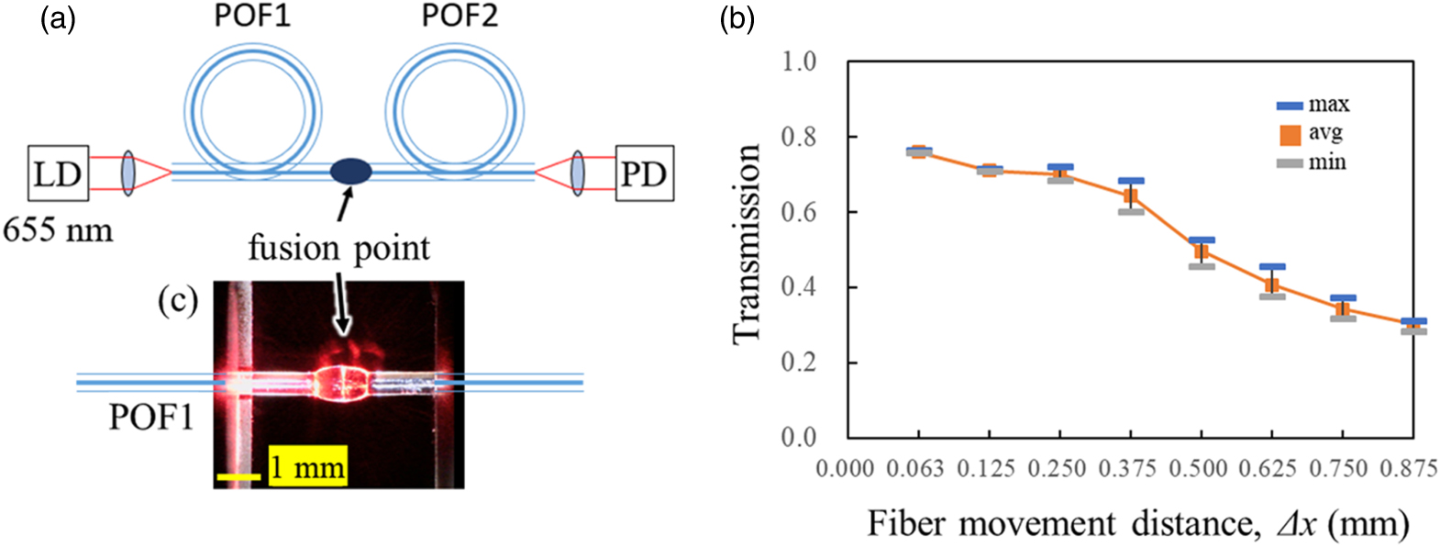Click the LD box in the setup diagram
(x=58, y=173)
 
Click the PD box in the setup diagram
(x=644, y=173)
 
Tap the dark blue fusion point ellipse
(x=350, y=171)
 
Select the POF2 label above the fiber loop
(x=460, y=16)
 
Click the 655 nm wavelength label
(x=58, y=229)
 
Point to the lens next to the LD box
(x=127, y=173)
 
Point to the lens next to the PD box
(x=577, y=173)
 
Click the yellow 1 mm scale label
(x=307, y=468)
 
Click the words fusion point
(x=338, y=248)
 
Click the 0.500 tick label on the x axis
(x=1198, y=469)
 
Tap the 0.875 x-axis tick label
(x=1409, y=469)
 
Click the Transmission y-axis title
(x=748, y=244)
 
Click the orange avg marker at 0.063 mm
(x=918, y=151)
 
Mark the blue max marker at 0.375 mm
(x=1131, y=181)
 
